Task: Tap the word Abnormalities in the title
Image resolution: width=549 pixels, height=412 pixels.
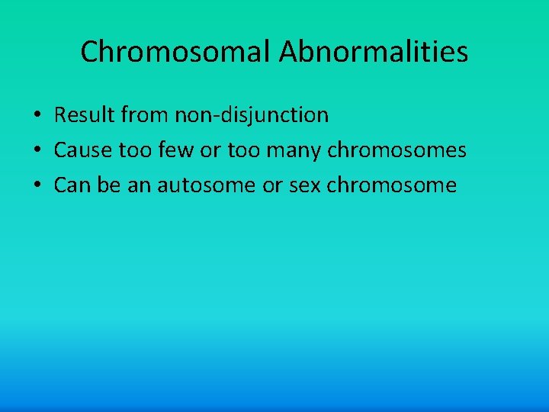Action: coord(374,53)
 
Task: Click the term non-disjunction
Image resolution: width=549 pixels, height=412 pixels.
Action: coord(252,115)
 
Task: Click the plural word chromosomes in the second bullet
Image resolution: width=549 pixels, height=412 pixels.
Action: coord(396,150)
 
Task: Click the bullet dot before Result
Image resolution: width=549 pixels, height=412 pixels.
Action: coord(37,116)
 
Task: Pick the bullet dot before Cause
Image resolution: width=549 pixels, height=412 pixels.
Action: coord(37,151)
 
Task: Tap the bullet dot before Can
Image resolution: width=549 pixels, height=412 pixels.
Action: coord(37,186)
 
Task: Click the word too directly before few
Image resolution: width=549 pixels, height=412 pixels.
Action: coord(136,150)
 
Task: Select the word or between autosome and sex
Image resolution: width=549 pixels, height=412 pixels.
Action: coord(272,185)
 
